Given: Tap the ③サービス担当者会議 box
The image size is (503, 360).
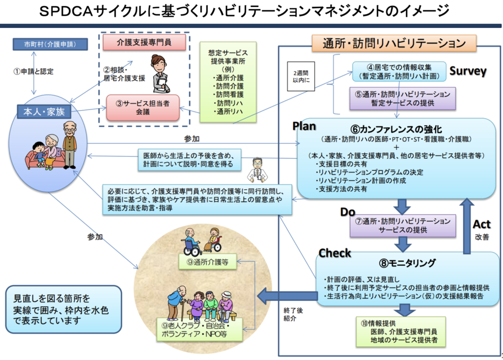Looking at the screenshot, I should pyautogui.click(x=144, y=107).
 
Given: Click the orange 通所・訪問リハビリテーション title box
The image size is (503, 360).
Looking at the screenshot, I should pyautogui.click(x=394, y=43).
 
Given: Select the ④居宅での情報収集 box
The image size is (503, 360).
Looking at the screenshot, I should pyautogui.click(x=398, y=71).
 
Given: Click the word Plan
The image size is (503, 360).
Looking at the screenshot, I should pyautogui.click(x=304, y=126).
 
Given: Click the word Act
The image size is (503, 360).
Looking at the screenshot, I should pyautogui.click(x=481, y=224).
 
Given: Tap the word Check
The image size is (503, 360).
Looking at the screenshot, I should pyautogui.click(x=335, y=253).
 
